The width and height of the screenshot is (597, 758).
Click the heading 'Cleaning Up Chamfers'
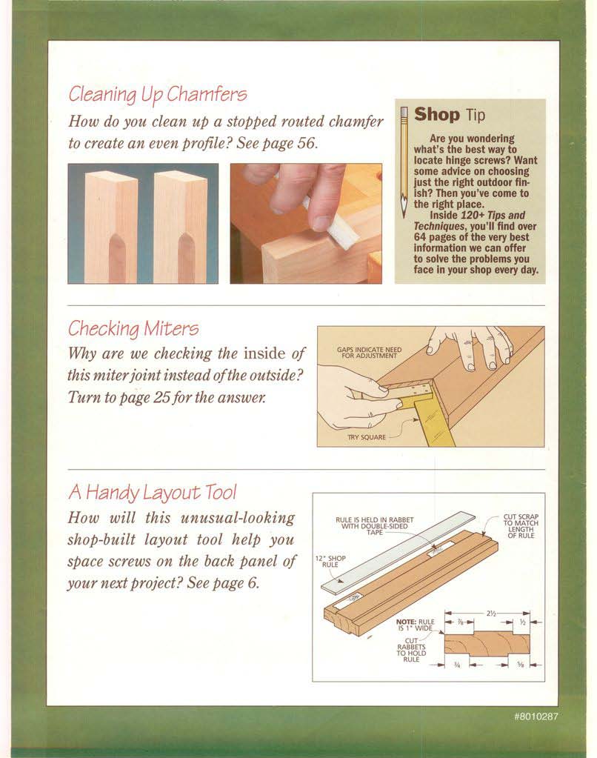coord(158,94)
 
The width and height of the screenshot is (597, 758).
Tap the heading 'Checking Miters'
coord(133,329)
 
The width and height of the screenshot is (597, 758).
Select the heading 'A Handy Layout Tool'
coord(153,492)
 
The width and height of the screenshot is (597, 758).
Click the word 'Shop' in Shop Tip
coord(436,115)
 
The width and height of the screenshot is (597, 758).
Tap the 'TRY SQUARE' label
coord(367,437)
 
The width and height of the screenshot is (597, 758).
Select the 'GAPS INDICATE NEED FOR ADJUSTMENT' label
coord(370,353)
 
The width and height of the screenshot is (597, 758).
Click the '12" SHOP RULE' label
coord(330,561)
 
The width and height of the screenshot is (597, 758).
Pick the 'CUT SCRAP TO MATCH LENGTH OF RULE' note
coord(521,526)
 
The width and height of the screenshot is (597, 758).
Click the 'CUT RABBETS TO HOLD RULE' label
coord(411,650)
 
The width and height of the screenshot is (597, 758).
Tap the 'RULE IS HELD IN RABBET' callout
coord(375,526)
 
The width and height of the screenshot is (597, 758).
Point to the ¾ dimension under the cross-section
coord(457,665)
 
